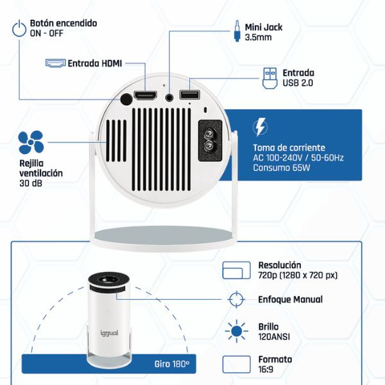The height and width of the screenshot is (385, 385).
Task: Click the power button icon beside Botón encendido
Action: pos(19,30)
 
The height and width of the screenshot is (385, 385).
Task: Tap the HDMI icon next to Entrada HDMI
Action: pos(55,63)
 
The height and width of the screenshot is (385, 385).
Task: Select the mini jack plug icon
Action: pos(237,31)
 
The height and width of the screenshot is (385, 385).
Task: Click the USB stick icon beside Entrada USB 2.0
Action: pos(270,78)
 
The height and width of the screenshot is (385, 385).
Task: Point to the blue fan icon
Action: pos(31,142)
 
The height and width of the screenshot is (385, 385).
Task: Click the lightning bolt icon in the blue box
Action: pos(261,127)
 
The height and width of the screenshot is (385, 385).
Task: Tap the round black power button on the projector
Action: pos(126,99)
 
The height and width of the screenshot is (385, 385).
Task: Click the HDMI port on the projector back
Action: pos(145,96)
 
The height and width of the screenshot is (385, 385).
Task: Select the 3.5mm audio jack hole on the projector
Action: pos(169,98)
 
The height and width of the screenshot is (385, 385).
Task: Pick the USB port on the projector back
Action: pos(189,95)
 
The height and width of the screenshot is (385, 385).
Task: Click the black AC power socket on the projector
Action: pos(210,141)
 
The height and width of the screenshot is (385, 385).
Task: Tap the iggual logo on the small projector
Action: pos(109,333)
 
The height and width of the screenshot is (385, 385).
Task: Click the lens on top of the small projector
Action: pos(109,279)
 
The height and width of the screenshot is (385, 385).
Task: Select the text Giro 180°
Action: pos(172,364)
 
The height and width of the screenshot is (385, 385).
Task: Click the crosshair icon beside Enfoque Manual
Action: pos(236,300)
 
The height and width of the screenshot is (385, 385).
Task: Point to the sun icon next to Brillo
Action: pos(236,331)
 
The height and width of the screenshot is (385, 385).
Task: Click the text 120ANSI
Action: pos(274,337)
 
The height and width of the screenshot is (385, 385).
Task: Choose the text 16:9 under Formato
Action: pos(266,370)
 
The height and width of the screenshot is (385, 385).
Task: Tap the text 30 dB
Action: pos(31,183)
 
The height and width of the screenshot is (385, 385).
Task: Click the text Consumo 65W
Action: pos(282,167)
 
